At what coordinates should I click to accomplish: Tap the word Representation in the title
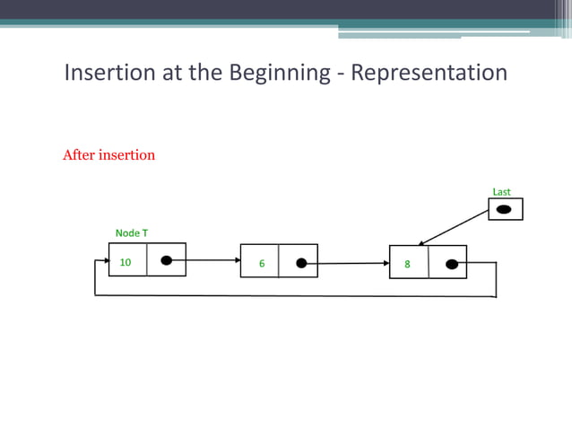coord(429,74)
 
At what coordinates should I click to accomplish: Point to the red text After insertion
coord(108,155)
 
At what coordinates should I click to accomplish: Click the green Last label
coord(501,192)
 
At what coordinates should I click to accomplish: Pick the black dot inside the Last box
coord(505,209)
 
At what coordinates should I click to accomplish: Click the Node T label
coord(132,233)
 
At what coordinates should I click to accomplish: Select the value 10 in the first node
coord(126,263)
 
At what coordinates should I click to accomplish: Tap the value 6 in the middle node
coord(262,264)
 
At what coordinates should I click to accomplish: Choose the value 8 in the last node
coord(407,265)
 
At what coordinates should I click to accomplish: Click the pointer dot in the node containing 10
coord(166,261)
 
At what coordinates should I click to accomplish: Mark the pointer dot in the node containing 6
coord(301,263)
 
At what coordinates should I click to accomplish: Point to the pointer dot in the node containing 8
coord(452,264)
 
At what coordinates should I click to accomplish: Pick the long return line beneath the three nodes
coord(296,295)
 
